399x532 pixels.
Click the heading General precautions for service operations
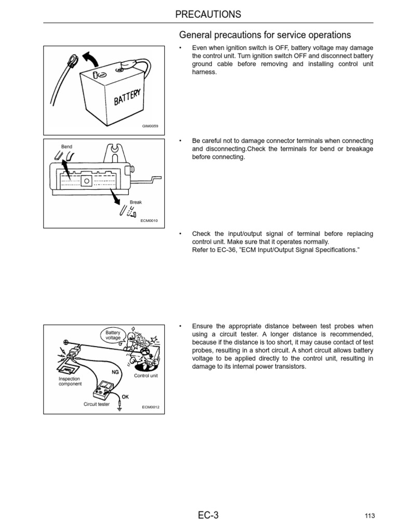point(265,35)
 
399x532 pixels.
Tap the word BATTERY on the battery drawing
point(124,98)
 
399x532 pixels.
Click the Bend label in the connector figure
point(66,147)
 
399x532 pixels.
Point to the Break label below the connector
point(136,202)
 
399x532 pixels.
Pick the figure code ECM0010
point(149,220)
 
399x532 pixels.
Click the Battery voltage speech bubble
point(113,335)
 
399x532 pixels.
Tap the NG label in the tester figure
point(115,372)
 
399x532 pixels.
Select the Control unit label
point(145,375)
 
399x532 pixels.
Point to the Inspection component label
point(70,381)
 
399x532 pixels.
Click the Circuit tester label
point(97,404)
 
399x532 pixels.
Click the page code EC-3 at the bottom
point(208,515)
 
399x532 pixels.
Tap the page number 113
point(369,516)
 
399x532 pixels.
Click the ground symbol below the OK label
point(120,407)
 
